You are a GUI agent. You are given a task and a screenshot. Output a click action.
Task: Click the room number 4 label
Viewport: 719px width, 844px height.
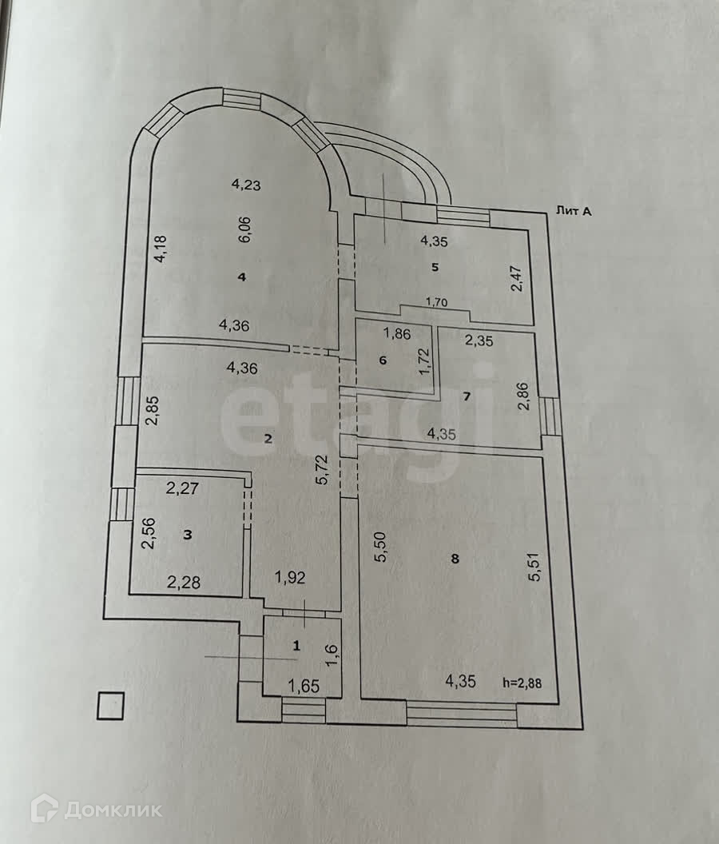[241, 277]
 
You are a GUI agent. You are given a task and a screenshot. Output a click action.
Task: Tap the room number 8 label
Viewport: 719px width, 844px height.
[455, 559]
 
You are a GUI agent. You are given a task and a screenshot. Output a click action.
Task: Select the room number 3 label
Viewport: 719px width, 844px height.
[188, 535]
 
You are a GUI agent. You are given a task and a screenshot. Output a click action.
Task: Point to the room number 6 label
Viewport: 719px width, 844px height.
[383, 360]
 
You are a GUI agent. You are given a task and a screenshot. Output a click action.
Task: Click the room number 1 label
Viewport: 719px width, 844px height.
[296, 645]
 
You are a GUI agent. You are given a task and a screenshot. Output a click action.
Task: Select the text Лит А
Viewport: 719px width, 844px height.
[573, 211]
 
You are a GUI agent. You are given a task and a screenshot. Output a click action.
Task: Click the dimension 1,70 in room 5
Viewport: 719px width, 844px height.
[437, 302]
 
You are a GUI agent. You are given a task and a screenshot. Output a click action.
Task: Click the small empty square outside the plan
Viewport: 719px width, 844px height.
[110, 705]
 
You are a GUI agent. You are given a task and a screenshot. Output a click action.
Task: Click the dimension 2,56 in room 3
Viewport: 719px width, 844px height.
[148, 534]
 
